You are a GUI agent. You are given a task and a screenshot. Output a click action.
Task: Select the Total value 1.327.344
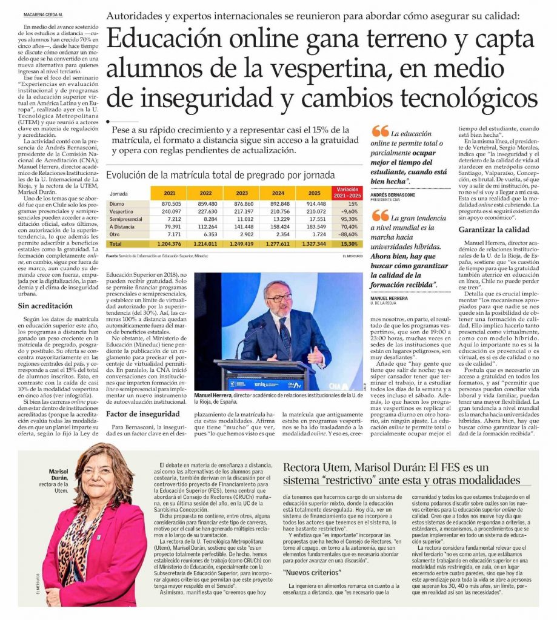pos(316,243)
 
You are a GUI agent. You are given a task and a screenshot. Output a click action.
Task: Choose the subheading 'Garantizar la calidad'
pos(494,229)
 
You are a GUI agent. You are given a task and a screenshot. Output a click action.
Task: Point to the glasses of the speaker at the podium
pos(279,298)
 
